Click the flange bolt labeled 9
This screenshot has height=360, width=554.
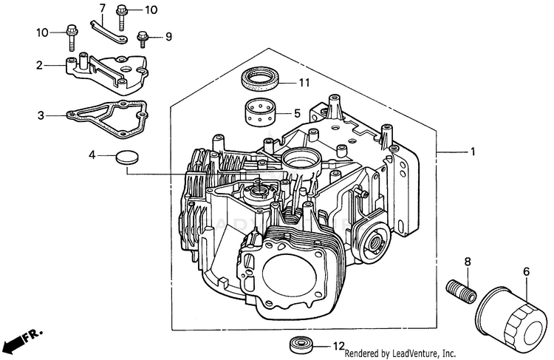(142, 35)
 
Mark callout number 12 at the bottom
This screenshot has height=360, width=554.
(338, 345)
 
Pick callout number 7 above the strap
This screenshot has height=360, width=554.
(102, 8)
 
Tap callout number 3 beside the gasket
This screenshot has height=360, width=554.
(41, 115)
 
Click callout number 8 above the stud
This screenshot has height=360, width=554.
(467, 262)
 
